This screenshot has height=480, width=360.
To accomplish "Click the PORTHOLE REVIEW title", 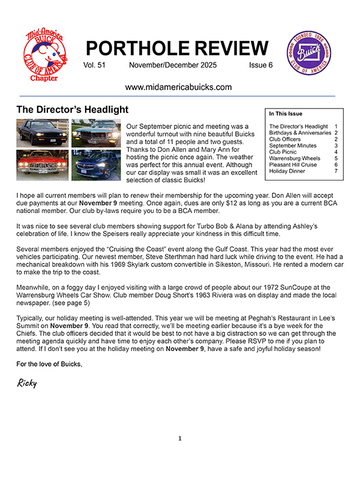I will point(177,48).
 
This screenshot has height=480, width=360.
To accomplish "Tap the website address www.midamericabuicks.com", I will point(178,87).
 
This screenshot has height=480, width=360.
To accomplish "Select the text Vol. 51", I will point(95,65).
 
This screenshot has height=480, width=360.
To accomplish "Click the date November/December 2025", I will point(173,65).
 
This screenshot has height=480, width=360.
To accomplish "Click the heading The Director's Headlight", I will point(72,110).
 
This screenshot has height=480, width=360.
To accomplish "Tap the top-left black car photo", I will point(43,134).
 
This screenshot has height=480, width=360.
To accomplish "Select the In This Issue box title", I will point(286,113).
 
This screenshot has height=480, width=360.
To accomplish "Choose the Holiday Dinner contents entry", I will point(287,171).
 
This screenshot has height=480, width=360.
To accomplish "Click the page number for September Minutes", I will point(336,146).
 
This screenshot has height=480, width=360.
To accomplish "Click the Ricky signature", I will point(27,383).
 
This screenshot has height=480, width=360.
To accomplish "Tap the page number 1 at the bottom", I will point(179,439).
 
